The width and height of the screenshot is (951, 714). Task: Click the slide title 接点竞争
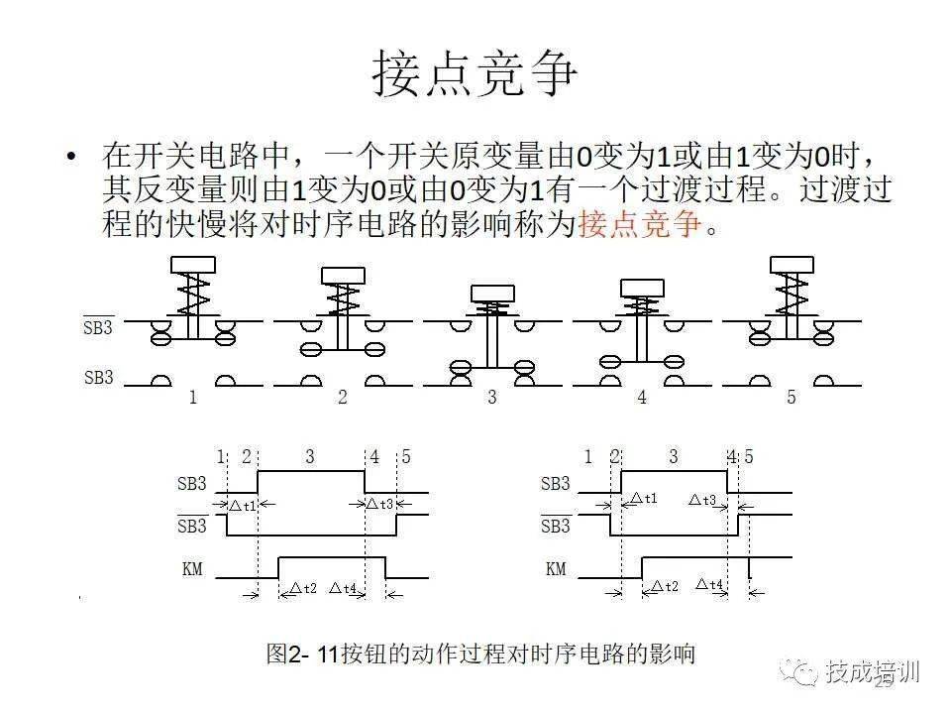(475, 74)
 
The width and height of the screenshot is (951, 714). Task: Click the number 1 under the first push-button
(193, 399)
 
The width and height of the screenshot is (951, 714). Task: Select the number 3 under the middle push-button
(492, 399)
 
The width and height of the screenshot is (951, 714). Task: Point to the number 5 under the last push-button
(791, 399)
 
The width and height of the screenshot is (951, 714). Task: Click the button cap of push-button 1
(193, 265)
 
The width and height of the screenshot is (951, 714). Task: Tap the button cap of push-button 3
(492, 293)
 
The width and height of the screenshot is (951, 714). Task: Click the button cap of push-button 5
(792, 265)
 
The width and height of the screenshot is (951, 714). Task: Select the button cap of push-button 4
(642, 288)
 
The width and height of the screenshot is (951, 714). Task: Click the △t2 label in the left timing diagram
(302, 588)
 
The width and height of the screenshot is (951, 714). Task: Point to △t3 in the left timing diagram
(379, 505)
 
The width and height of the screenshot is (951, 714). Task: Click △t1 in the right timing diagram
(644, 499)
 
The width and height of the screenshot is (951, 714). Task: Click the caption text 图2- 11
(302, 654)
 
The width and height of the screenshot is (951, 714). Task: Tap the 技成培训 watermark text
(872, 672)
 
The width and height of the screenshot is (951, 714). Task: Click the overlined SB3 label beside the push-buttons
(99, 328)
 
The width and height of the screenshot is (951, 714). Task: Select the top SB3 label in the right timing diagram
(556, 485)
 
